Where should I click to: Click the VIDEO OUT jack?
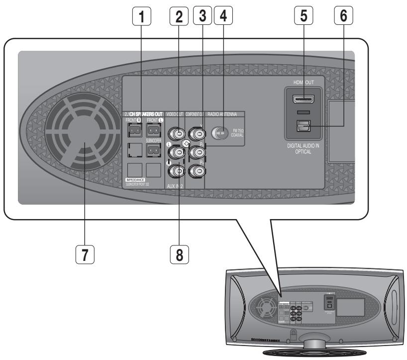pyautogui.click(x=176, y=133)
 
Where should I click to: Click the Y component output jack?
pyautogui.click(x=198, y=133)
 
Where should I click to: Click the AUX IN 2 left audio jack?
pyautogui.click(x=176, y=152)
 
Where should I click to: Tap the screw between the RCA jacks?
pyautogui.click(x=187, y=143)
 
